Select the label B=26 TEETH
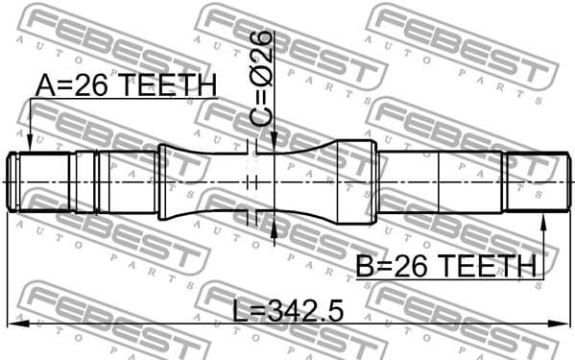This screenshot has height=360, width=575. (x=446, y=266)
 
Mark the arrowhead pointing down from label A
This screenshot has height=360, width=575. (x=30, y=144)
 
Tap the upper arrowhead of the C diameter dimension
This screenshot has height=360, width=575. (x=276, y=144)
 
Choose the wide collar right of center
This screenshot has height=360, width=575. (x=352, y=182)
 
